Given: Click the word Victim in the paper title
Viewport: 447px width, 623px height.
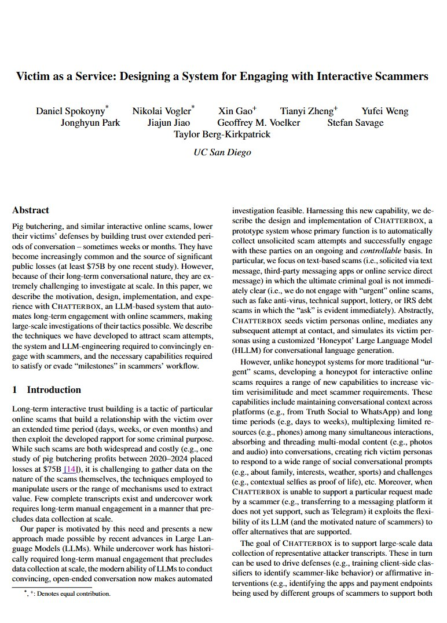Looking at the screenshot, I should click(32, 76).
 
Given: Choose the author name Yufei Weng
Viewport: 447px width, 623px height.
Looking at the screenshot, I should click(385, 111).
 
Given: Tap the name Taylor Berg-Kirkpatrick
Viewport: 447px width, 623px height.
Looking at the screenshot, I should click(222, 134).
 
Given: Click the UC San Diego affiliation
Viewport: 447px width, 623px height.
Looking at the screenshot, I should click(223, 153).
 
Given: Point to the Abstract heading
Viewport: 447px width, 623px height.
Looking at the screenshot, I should click(31, 210).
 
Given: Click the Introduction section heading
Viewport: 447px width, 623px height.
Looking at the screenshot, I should click(53, 390).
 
